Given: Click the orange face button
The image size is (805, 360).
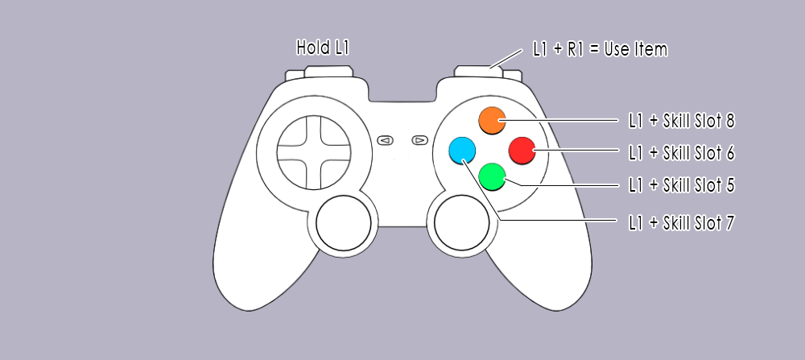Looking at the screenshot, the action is [x=492, y=120].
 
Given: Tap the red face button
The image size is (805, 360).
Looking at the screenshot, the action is [x=522, y=151].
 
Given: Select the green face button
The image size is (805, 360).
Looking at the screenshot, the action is [x=492, y=176].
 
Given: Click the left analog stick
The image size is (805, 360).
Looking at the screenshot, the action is [x=344, y=223].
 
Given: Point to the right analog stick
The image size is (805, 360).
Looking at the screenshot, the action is [x=461, y=223].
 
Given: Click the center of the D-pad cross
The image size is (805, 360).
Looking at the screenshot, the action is [x=314, y=152].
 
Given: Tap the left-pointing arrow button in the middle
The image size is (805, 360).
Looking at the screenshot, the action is [x=385, y=140].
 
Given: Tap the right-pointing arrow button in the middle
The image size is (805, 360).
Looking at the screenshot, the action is [x=420, y=140].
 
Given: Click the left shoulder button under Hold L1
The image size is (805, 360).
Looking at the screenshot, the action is [x=328, y=72].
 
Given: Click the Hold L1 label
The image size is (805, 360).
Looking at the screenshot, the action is [x=323, y=48].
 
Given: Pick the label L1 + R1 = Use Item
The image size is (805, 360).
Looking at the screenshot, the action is [x=601, y=50].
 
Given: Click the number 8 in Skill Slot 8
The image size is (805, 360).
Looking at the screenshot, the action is [x=730, y=121].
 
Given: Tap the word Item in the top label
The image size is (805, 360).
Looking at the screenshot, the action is [x=651, y=50].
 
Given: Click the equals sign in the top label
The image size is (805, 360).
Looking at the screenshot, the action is [x=595, y=50].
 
